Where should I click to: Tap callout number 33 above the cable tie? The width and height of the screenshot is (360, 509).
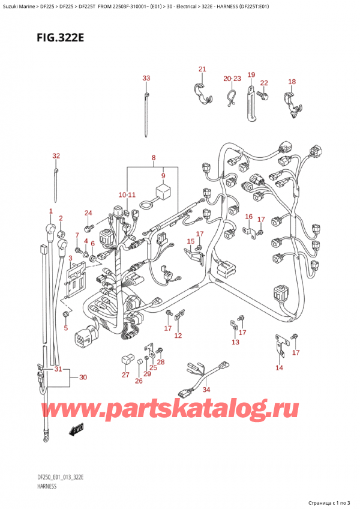tap(146, 79)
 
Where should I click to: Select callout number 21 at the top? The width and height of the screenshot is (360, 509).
tap(202, 69)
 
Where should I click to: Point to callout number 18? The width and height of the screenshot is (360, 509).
tap(292, 82)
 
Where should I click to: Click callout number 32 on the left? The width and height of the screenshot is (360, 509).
tap(56, 156)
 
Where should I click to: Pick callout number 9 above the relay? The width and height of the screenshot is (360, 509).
tap(161, 176)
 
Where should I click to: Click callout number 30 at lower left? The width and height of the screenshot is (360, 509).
tap(83, 378)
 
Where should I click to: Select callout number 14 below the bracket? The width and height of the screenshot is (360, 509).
tap(279, 368)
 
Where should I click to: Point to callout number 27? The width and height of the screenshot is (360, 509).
tap(125, 375)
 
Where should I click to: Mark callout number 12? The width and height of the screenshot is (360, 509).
tap(178, 335)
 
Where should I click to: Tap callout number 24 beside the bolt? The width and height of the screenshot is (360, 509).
tap(88, 213)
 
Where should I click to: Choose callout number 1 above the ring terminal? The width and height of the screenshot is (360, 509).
tap(51, 211)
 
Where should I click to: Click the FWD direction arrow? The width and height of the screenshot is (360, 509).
tap(77, 430)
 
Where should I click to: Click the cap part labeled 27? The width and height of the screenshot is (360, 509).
tap(127, 360)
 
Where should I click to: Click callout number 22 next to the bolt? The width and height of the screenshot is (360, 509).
tap(264, 83)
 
